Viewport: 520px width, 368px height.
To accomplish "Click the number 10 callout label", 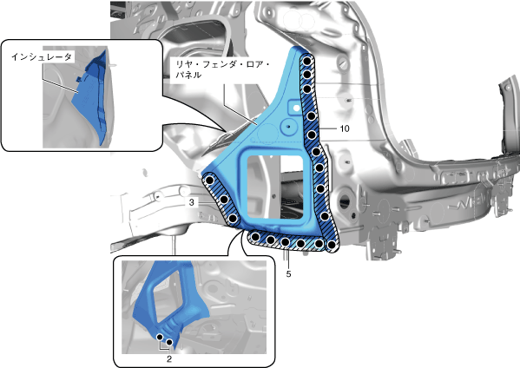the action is point(345,128).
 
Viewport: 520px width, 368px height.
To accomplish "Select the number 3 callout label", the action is point(191,202).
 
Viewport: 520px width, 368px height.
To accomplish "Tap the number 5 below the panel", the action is point(288,274).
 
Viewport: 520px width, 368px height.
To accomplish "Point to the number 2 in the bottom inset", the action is point(169,358).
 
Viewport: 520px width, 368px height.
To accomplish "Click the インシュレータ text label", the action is point(42,57).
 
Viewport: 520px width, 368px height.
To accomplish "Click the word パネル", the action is point(188,75).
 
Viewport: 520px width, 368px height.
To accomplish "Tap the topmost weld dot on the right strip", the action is point(307,61).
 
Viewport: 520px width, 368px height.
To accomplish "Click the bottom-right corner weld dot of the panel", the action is point(332,246).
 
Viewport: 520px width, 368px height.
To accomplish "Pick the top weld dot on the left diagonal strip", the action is point(209,181).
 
